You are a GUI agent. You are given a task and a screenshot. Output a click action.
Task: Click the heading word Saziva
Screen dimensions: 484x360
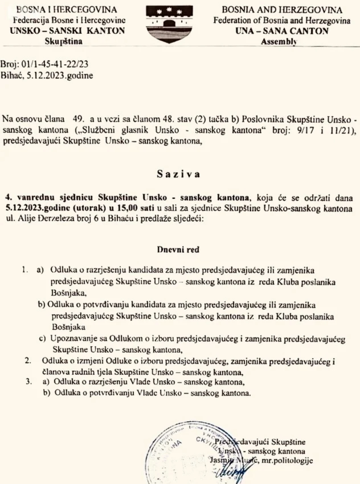pyautogui.click(x=178, y=174)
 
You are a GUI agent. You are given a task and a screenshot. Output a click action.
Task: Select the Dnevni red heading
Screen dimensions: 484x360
pyautogui.click(x=178, y=249)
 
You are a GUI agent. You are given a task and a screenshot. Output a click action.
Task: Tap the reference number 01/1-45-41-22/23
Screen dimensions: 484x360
pyautogui.click(x=54, y=64)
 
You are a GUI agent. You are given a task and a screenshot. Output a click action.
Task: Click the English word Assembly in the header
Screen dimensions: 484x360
pyautogui.click(x=279, y=42)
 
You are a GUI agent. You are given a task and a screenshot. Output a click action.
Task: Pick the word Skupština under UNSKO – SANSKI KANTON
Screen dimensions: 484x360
pyautogui.click(x=64, y=41)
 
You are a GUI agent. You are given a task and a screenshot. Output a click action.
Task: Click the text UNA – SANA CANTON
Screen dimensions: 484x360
pyautogui.click(x=282, y=31)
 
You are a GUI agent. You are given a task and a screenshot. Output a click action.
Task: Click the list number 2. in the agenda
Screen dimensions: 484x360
pyautogui.click(x=28, y=361)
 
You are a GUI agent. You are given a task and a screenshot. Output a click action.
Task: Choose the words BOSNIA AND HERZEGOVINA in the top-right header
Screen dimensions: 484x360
pyautogui.click(x=282, y=10)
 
